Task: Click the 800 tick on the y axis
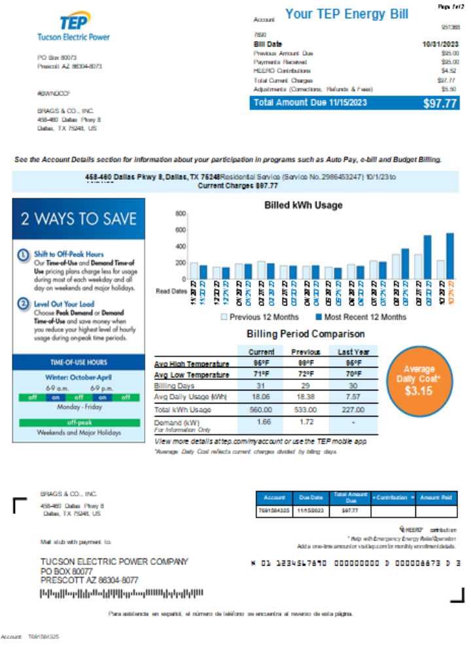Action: [x=181, y=214]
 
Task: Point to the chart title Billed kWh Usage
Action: [x=303, y=205]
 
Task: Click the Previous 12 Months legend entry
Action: [x=255, y=317]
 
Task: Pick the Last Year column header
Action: [x=353, y=352]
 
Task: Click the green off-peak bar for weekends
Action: [x=78, y=422]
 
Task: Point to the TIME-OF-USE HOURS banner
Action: [x=78, y=362]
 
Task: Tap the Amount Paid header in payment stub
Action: [x=437, y=496]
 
